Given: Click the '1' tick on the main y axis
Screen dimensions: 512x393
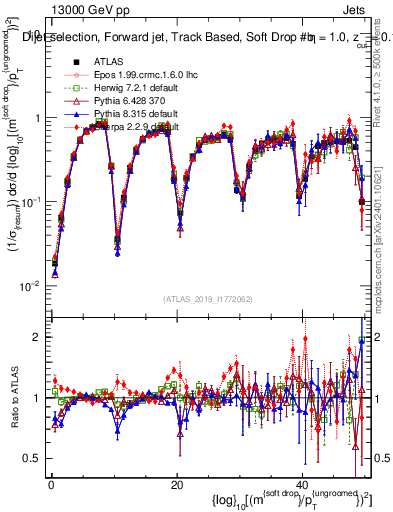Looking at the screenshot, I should [37, 118].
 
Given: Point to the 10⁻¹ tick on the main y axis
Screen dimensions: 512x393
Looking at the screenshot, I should [32, 202].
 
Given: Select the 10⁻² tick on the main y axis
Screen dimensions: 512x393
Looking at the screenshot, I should [32, 286].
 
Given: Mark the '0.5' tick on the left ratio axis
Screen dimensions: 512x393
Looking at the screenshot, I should [32, 458].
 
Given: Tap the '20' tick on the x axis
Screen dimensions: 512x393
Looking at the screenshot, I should [177, 485].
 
